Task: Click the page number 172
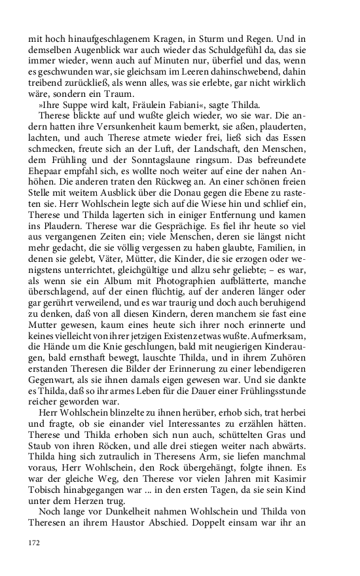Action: click(34, 543)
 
